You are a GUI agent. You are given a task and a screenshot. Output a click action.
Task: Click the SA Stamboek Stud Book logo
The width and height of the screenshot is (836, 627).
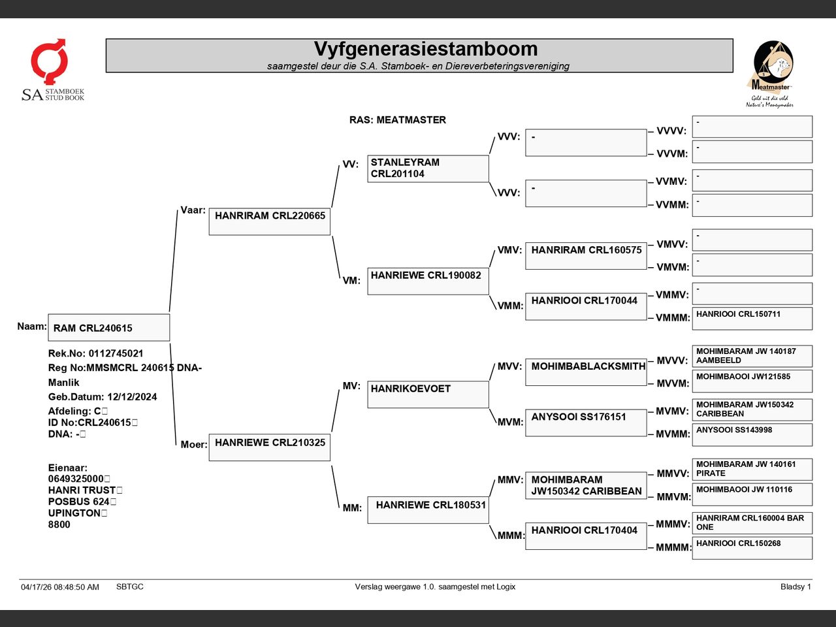tap(53, 70)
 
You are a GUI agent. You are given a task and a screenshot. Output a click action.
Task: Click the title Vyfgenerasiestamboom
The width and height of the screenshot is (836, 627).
tap(425, 49)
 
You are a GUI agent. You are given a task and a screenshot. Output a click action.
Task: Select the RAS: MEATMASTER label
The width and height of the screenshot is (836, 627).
tap(397, 120)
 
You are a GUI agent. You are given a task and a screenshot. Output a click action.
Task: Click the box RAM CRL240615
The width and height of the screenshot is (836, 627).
tap(109, 327)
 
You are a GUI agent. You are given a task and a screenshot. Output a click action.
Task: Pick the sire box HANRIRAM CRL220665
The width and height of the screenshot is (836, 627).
tap(270, 221)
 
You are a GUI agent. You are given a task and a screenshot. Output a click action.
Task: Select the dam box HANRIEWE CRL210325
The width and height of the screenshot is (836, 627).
tap(270, 447)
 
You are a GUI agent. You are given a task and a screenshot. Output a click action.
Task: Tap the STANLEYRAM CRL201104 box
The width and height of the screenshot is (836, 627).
tap(428, 169)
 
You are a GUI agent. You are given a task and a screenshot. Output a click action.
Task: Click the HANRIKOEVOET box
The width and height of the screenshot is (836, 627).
tap(428, 394)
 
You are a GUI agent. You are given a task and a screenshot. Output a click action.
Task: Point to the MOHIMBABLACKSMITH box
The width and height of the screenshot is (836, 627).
tap(586, 372)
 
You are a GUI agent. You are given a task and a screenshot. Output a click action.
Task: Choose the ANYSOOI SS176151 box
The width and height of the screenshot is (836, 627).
tap(586, 423)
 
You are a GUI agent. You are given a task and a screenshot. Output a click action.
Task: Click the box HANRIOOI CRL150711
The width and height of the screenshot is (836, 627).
tap(752, 318)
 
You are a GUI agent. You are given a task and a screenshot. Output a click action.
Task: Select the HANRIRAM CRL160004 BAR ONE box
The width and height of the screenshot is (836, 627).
tap(752, 523)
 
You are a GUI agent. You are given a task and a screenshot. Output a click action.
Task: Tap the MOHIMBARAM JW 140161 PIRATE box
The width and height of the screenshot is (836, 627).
tap(752, 470)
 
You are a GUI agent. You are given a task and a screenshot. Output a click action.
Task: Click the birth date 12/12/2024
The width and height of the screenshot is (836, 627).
tap(132, 396)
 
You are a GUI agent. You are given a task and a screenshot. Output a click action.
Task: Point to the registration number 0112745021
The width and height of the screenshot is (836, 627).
tap(116, 353)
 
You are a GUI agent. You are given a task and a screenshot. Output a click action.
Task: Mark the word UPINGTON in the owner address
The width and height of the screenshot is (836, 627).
tap(74, 513)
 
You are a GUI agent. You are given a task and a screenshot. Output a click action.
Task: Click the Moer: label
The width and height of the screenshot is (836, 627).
tap(194, 444)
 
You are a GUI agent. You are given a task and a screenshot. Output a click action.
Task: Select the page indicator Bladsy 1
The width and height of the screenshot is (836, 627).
tap(796, 587)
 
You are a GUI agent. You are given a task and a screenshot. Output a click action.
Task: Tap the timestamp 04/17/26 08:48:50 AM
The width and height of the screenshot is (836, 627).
tap(60, 587)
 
